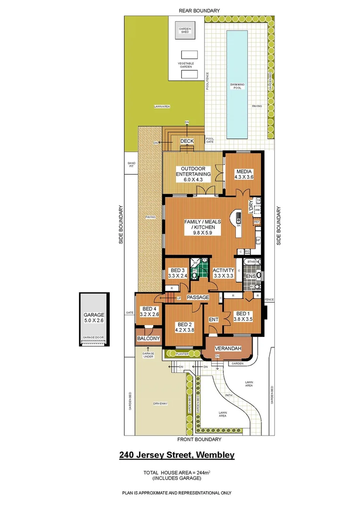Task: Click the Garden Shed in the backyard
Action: [184, 30]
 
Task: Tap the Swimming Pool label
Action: [237, 86]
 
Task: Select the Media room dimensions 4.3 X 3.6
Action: [244, 178]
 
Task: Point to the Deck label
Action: [187, 141]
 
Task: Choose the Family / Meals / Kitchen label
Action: [203, 224]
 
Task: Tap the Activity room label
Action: [223, 272]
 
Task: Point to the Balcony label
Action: [148, 339]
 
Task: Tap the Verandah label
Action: [228, 349]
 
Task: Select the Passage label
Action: [197, 297]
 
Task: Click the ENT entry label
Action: [214, 320]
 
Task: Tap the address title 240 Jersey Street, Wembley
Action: [176, 455]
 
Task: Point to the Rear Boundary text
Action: [198, 10]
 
